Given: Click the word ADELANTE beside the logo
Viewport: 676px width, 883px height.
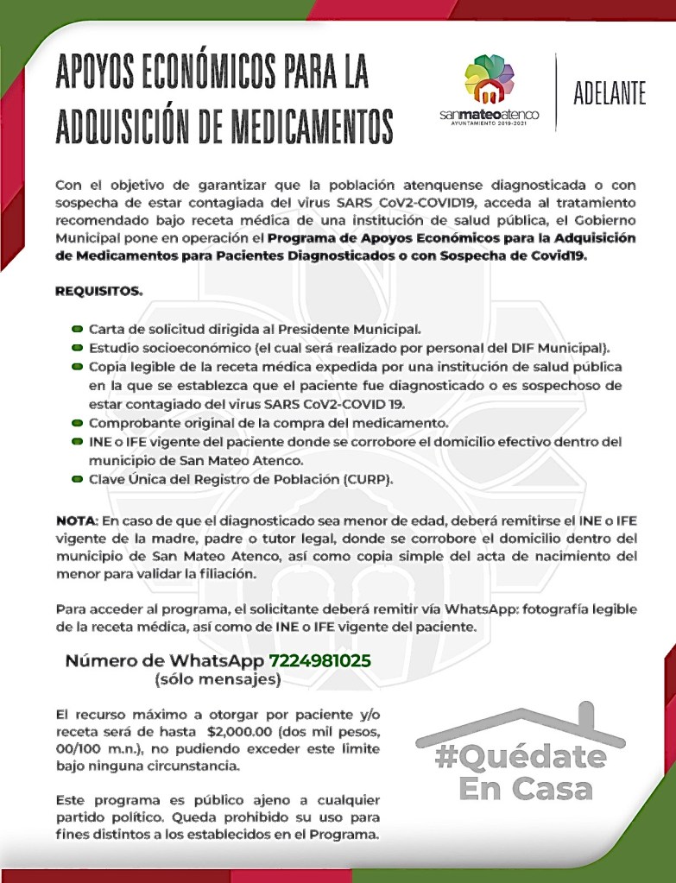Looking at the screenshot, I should (x=610, y=94).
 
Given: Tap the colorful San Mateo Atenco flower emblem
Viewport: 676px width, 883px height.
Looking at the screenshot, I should (x=489, y=79).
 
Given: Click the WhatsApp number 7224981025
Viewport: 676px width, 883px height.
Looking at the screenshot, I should (x=320, y=661).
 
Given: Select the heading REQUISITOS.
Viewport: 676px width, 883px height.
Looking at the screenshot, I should (x=99, y=291).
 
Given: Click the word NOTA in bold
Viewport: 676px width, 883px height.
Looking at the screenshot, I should (x=75, y=522).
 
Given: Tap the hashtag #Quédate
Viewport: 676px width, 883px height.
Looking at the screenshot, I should (x=521, y=757).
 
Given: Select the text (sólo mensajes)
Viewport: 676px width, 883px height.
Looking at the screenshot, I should (x=218, y=680).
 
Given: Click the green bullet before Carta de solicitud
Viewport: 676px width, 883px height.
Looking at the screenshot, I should (x=78, y=330).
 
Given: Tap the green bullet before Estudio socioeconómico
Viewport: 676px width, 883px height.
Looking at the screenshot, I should (x=78, y=349).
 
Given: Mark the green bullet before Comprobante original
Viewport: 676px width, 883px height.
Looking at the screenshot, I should (x=78, y=423).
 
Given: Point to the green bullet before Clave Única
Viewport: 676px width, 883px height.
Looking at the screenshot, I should (x=78, y=479).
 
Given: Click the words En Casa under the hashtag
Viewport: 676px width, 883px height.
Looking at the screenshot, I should (x=525, y=788).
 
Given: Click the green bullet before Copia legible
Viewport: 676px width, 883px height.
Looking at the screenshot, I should (x=78, y=367).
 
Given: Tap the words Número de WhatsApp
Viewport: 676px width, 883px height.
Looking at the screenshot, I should (x=165, y=661).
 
